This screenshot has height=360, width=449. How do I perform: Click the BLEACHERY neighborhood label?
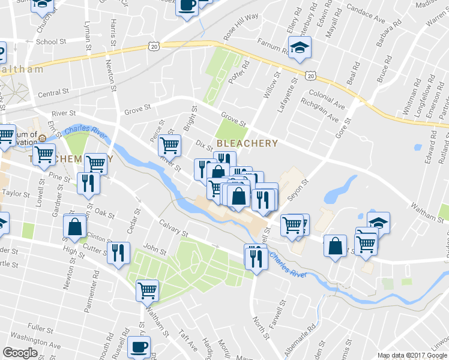click(247, 143)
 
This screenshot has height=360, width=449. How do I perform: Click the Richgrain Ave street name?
click(321, 111)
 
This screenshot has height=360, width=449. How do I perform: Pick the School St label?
click(50, 41)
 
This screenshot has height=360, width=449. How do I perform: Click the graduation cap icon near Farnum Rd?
click(299, 47)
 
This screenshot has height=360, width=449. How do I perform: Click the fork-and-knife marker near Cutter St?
click(117, 252)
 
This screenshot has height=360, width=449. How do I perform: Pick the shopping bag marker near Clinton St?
click(75, 226)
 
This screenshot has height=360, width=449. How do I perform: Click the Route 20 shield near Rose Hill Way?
click(154, 47)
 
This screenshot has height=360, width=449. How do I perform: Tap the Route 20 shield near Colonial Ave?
click(310, 76)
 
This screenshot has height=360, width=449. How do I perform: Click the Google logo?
click(20, 353)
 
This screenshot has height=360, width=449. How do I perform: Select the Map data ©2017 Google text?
click(412, 355)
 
